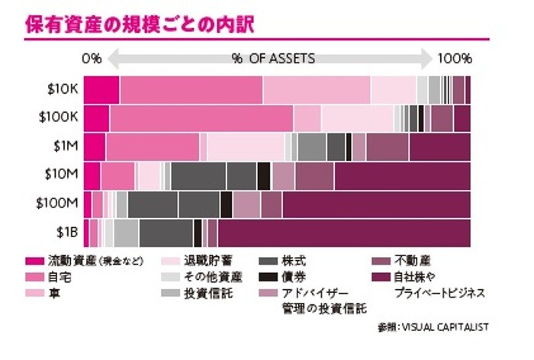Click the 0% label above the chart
(92, 59)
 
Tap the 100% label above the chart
(453, 59)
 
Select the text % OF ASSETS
(273, 58)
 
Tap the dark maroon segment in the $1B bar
(343, 232)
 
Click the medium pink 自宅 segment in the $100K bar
(201, 118)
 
